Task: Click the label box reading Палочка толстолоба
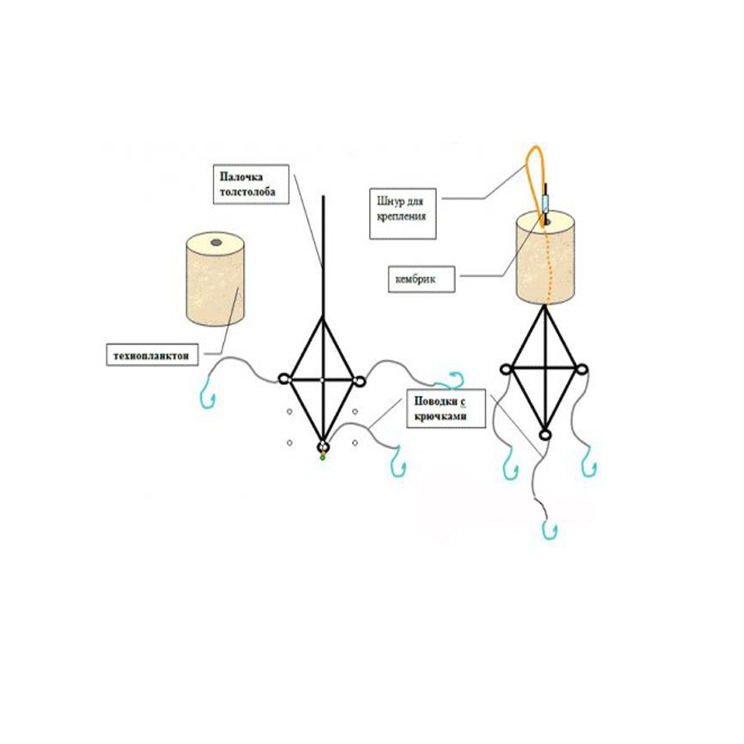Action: pos(251,184)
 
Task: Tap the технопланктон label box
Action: pos(152,355)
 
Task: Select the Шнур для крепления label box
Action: pos(403,214)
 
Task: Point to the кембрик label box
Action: pos(421,279)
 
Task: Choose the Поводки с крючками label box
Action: pos(446,408)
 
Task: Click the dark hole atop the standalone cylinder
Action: pos(216,243)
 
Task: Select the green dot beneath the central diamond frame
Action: pos(323,458)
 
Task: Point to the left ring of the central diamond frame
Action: pos(284,379)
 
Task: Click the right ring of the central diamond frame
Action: pos(359,380)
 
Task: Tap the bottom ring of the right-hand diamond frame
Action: pos(545,434)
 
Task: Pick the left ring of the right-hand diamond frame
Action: pos(506,369)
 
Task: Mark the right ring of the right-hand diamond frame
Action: pos(583,369)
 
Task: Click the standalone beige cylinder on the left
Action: pos(216,279)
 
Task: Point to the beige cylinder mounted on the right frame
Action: pos(545,257)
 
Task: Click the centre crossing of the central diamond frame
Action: pos(322,380)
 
